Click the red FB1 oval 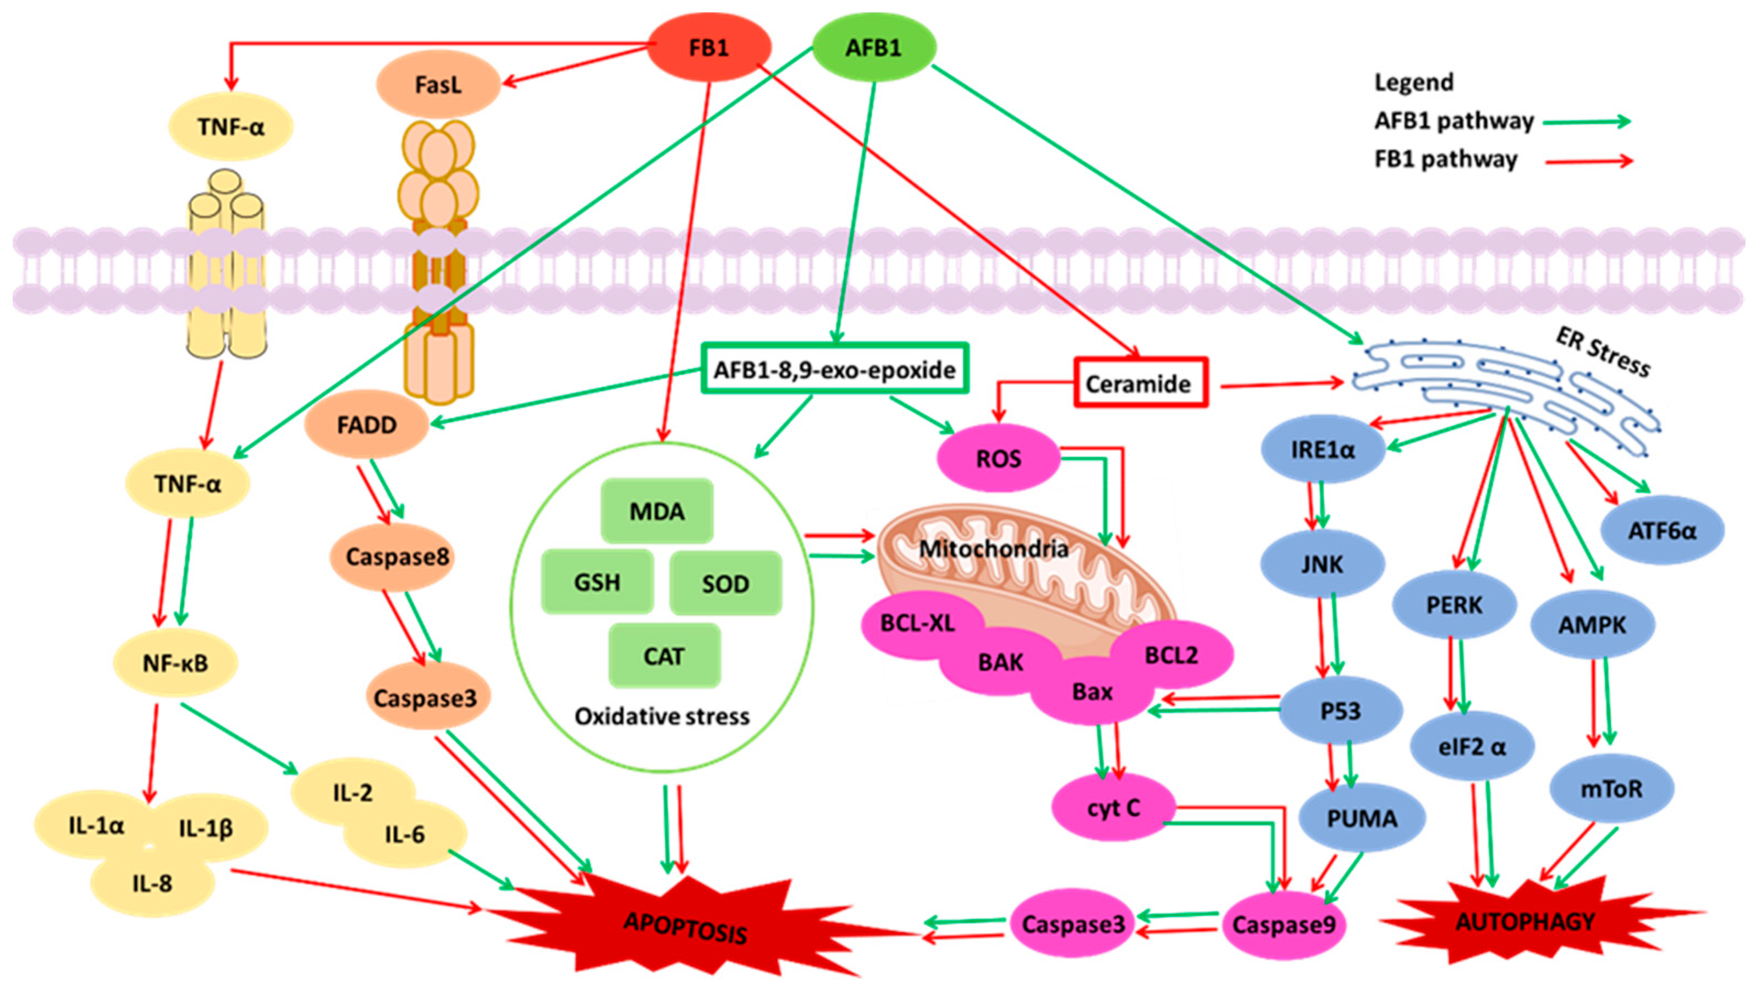tap(708, 48)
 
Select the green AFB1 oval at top tap(873, 48)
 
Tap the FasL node tap(438, 85)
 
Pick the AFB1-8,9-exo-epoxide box tap(834, 370)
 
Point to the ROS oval tap(998, 459)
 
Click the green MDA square tap(657, 511)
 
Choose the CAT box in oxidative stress tap(663, 656)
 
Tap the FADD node tap(366, 425)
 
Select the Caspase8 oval tap(397, 557)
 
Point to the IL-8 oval tap(152, 884)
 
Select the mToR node tap(1611, 789)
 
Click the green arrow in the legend tap(1586, 122)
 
